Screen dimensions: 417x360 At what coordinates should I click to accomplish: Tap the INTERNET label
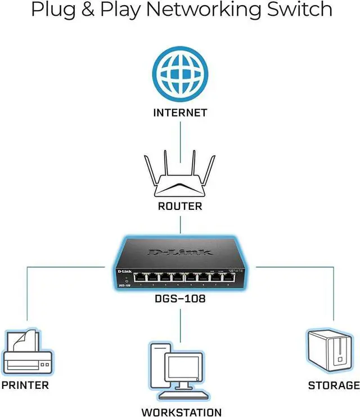coord(180,113)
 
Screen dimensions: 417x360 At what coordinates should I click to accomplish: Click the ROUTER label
coord(180,206)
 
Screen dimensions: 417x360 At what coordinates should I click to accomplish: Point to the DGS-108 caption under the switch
coord(180,299)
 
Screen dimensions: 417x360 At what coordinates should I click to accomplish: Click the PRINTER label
coord(25,385)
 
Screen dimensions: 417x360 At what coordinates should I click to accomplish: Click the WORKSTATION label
coord(181,412)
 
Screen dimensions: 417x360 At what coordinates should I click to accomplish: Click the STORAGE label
coord(334,385)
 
